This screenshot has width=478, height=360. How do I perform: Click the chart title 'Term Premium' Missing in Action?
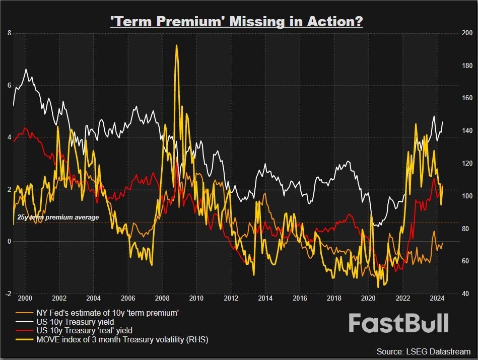[x=236, y=22]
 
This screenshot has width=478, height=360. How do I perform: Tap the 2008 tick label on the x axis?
[x=162, y=298]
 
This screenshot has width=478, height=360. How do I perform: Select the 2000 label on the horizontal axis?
[x=25, y=298]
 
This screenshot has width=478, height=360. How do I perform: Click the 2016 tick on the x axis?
[x=300, y=298]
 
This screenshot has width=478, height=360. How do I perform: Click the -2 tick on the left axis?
[x=8, y=294]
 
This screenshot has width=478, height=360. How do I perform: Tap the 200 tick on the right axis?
[x=466, y=33]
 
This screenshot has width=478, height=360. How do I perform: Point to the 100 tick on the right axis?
[x=466, y=196]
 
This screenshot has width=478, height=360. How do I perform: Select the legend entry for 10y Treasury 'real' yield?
[x=84, y=331]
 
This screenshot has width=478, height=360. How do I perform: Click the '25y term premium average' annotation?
[x=58, y=218]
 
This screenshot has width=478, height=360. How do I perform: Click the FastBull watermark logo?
[x=398, y=323]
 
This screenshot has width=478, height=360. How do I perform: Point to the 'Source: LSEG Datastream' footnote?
[x=423, y=351]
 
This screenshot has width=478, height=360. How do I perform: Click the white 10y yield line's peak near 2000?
[x=26, y=69]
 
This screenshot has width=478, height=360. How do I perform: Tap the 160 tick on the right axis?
[x=466, y=98]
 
